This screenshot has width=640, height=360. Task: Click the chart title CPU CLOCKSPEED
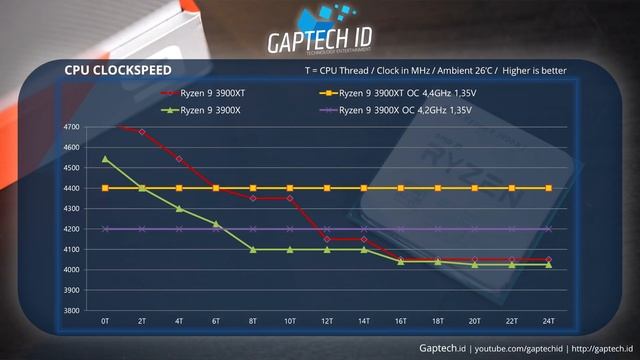(x=117, y=70)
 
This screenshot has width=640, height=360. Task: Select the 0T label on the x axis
(x=105, y=321)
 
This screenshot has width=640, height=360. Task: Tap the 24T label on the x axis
(x=548, y=321)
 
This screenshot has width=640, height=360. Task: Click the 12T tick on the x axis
(x=326, y=321)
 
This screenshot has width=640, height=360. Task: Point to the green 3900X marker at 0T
(x=105, y=159)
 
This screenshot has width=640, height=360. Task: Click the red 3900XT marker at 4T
(x=179, y=159)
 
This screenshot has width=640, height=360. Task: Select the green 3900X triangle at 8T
(x=253, y=249)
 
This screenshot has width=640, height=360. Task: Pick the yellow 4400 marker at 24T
(x=548, y=188)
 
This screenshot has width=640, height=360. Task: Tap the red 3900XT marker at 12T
(x=326, y=239)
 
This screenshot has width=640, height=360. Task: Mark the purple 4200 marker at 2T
(x=142, y=229)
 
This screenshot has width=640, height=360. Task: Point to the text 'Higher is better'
(x=539, y=71)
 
